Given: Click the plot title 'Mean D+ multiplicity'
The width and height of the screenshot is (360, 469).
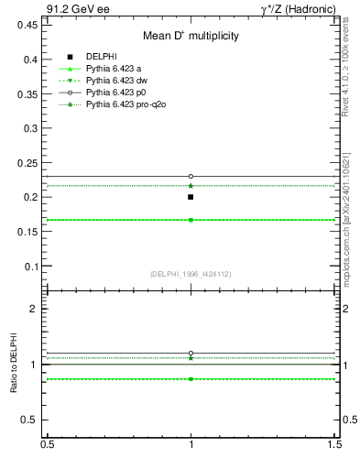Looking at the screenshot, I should (x=191, y=37).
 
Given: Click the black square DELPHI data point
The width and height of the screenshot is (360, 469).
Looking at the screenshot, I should (x=191, y=197).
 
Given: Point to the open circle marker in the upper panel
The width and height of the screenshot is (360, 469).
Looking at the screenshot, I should (x=191, y=176).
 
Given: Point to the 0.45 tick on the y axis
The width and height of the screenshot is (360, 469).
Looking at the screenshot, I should (x=28, y=25).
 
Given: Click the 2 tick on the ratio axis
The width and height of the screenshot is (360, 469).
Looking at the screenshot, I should (x=35, y=310).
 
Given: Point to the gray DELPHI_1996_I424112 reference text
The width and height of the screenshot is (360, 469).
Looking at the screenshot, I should (x=191, y=274).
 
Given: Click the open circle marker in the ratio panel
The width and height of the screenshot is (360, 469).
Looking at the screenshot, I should (x=191, y=353).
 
